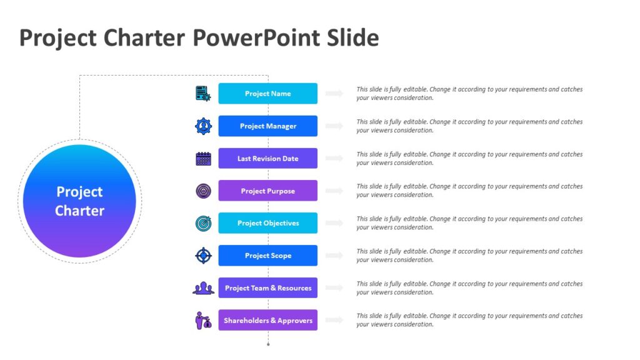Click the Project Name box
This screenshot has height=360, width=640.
point(267,94)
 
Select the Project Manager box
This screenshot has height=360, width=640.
point(267,126)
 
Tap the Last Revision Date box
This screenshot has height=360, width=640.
point(267,159)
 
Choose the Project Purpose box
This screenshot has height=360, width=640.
point(267,191)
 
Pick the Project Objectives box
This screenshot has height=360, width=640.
point(267,223)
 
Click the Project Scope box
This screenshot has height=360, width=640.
point(267,256)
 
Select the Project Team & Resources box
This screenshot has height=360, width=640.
point(267,288)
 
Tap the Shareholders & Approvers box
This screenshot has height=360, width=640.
point(267,321)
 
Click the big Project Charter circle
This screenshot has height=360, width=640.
point(79,201)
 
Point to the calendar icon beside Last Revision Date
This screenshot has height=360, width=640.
point(203,159)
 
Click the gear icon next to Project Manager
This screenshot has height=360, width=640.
point(203,126)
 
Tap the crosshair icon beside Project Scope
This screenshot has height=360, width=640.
point(203,256)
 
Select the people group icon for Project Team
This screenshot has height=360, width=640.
point(203,288)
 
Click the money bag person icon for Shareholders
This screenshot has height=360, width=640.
point(203,321)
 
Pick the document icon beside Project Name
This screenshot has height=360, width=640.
point(203,94)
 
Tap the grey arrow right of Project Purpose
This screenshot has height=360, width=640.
point(335,191)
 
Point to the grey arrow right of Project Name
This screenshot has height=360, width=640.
point(335,94)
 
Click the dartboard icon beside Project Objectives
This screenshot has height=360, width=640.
point(203,223)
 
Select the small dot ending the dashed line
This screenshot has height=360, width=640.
point(268,344)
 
